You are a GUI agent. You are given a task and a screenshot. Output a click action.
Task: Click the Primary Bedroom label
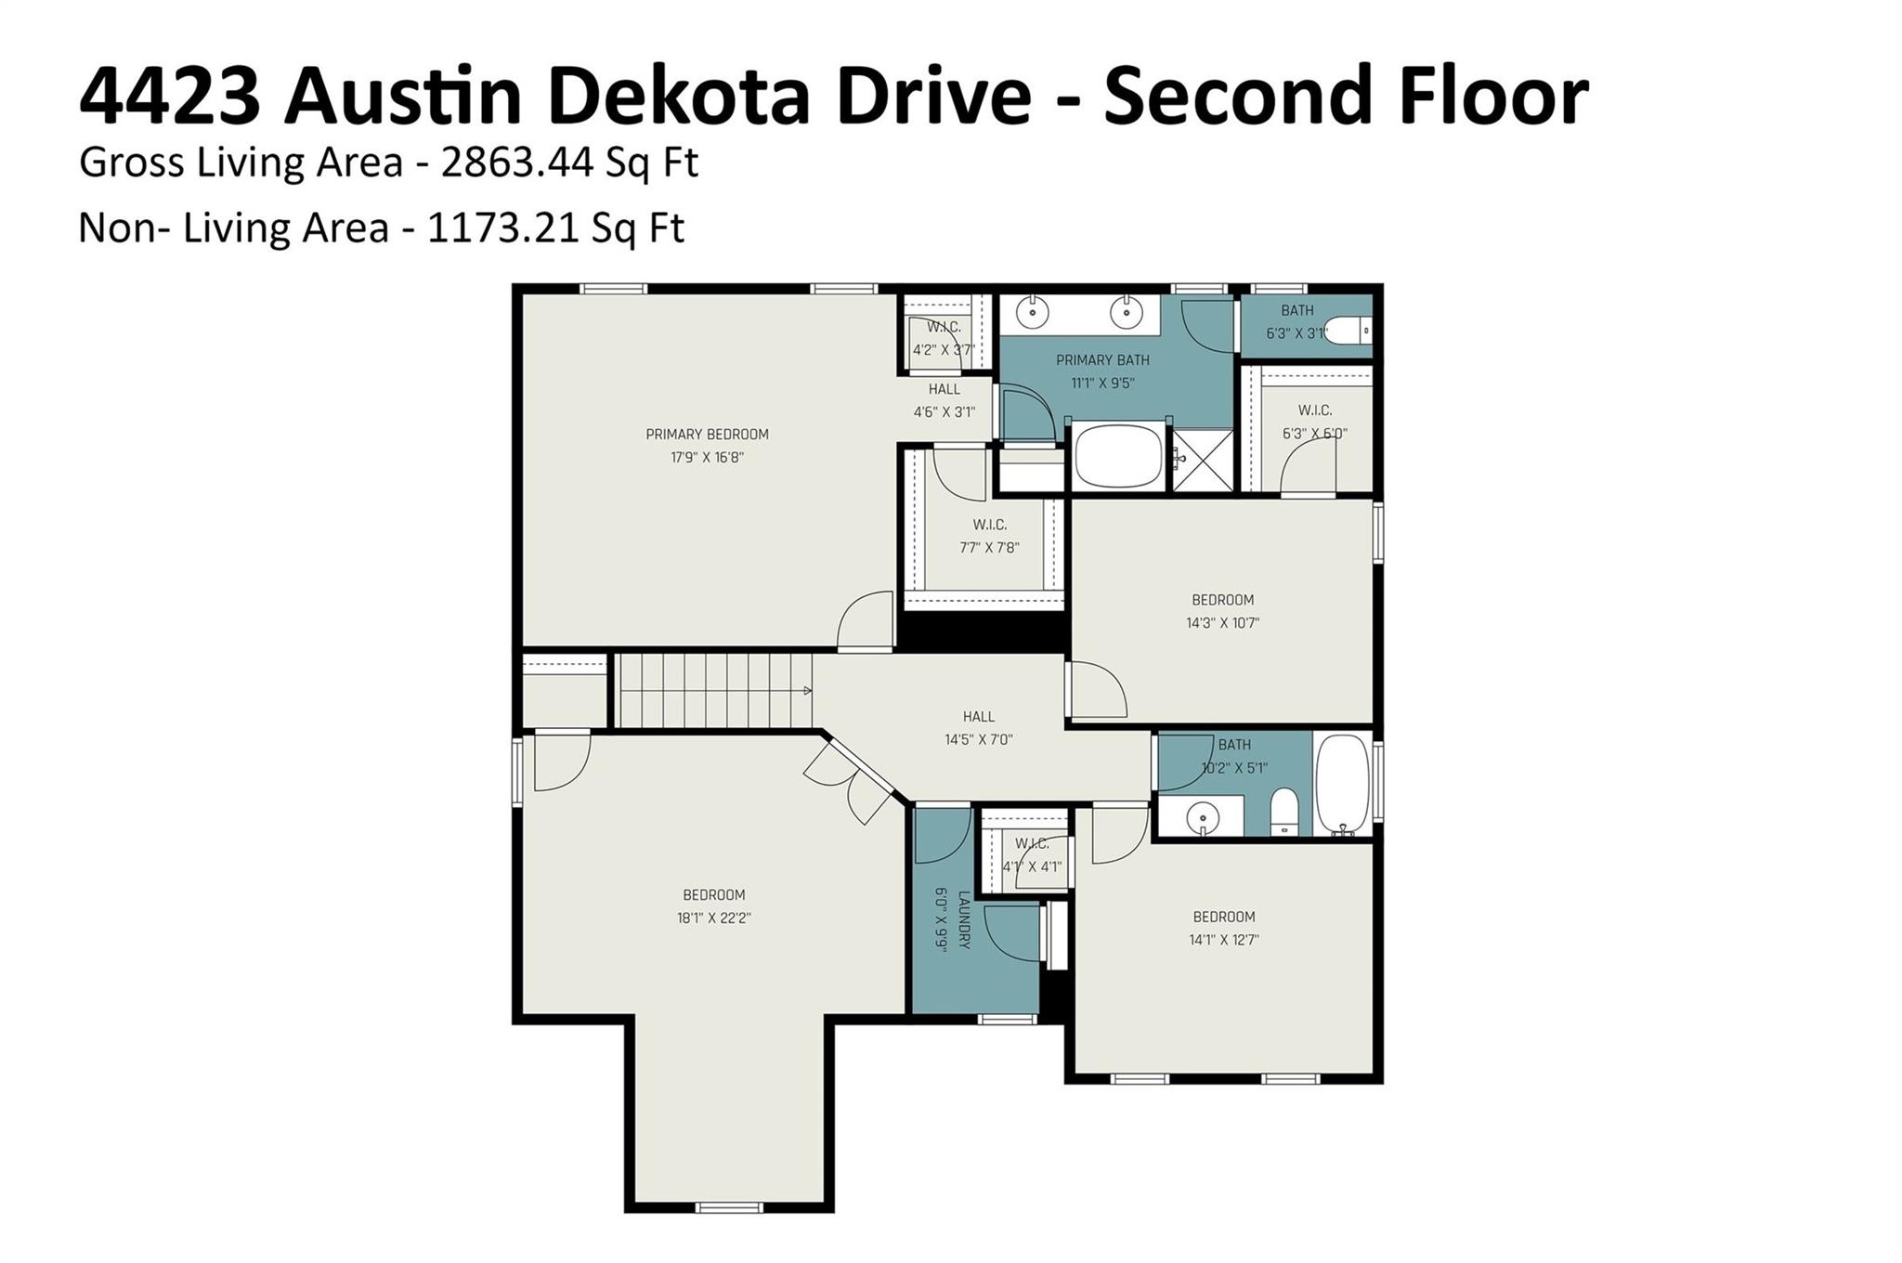[x=707, y=434]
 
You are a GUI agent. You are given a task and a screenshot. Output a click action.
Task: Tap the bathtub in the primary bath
[x=1118, y=456]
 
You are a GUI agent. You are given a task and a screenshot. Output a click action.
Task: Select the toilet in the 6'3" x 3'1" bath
[x=1348, y=330]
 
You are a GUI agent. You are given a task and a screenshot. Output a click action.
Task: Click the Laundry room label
[x=964, y=920]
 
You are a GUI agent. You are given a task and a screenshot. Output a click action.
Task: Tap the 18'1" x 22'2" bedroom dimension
[x=713, y=918]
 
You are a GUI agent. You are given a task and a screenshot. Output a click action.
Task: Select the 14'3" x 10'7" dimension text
[x=1222, y=623]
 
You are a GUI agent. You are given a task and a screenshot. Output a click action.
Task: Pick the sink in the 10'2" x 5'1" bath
[x=1203, y=817]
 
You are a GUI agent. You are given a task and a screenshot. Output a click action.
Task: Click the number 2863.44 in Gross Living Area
[x=517, y=163]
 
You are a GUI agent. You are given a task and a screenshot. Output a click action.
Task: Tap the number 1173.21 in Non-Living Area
[x=503, y=228]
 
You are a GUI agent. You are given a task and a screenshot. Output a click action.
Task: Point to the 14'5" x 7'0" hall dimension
[x=978, y=740]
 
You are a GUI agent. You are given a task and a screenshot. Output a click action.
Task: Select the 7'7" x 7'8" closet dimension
[x=989, y=548]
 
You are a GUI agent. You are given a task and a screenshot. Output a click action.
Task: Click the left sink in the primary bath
[x=1032, y=313]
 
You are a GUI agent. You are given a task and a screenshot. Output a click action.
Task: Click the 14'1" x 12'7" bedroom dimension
[x=1223, y=940]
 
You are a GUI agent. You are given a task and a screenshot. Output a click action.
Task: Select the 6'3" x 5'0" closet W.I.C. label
[x=1314, y=410]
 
